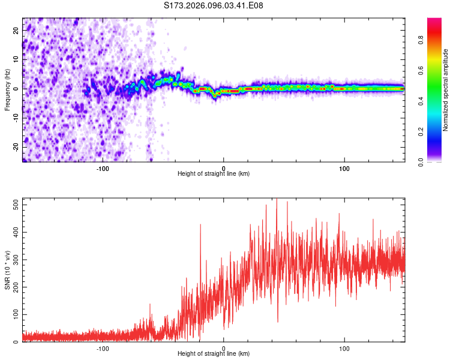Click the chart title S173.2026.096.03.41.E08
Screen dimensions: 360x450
point(214,5)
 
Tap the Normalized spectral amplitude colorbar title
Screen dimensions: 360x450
point(446,90)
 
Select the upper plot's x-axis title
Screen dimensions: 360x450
point(214,173)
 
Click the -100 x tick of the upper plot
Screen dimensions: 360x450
point(103,167)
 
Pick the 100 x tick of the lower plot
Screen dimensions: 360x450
point(344,348)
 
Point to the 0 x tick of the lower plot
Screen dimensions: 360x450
point(224,348)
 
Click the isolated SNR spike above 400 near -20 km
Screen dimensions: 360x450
point(200,226)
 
